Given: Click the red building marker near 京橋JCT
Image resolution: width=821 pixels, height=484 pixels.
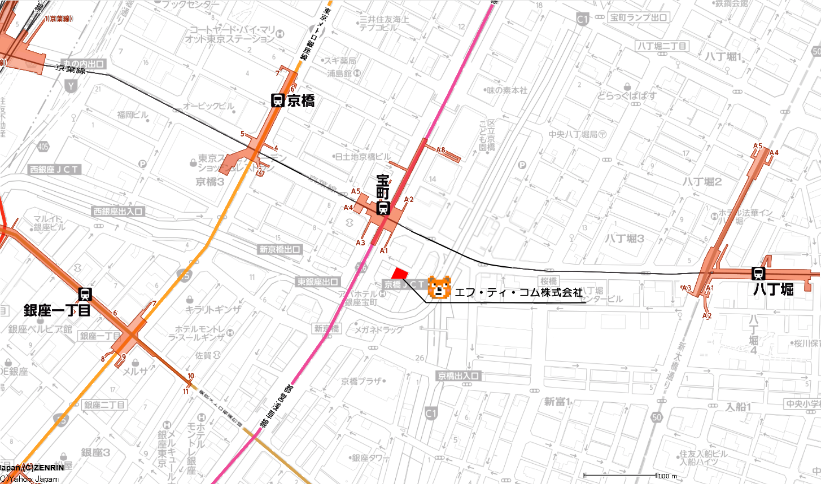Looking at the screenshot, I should pos(400,273).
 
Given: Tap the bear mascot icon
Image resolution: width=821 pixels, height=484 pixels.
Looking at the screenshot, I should pos(439,288).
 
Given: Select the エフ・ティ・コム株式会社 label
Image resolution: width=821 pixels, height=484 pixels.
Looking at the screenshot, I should pos(518,292).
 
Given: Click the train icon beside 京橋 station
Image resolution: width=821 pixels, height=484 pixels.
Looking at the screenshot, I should pos(277,101).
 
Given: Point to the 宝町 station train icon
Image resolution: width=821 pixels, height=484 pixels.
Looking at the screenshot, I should pos(383,209).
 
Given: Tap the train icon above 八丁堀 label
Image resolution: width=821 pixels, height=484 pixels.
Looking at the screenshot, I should pos(758,274).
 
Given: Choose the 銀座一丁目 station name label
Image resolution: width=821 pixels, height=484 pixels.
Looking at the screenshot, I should pos(57,310).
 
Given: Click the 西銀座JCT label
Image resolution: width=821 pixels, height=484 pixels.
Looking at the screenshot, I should pos(55,169).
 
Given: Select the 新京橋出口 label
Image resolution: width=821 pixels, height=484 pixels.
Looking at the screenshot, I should pos(280,249).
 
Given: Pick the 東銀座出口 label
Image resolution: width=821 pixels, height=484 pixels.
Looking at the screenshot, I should pos(318,281).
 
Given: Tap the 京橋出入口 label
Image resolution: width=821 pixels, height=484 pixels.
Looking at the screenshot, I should pos(458,376).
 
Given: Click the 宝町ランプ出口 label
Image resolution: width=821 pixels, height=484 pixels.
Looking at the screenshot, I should pos(639,17).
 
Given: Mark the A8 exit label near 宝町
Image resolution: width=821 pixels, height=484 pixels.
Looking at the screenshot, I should pos(441,150).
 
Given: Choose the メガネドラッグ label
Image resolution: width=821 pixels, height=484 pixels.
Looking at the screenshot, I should pos(378,329).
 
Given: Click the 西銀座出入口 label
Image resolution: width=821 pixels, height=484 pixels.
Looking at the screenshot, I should pos(119,212).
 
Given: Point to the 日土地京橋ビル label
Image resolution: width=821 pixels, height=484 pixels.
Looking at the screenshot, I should pos(362,157).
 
